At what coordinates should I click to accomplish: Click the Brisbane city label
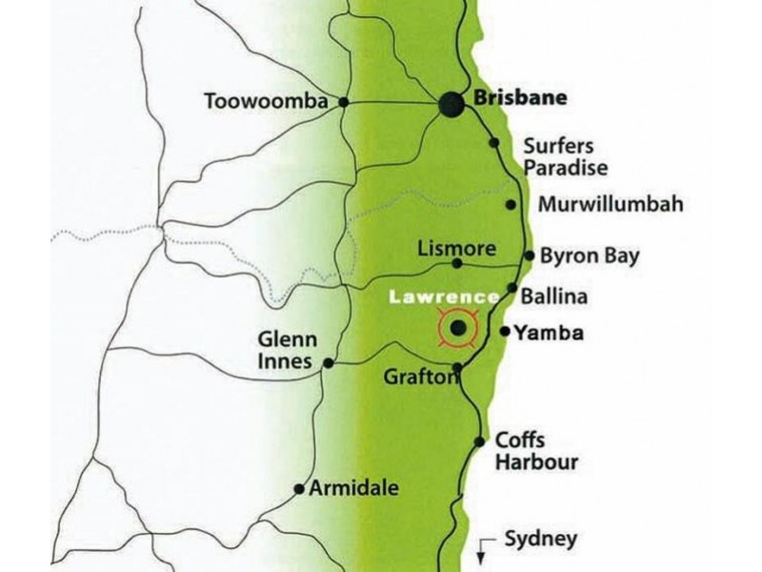tap(520, 98)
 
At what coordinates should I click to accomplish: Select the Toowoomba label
tap(266, 100)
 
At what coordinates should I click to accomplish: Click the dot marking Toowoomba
tap(344, 102)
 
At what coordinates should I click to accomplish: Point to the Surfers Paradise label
tap(559, 157)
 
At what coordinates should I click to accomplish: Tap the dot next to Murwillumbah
tap(511, 205)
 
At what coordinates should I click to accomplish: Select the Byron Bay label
tap(589, 256)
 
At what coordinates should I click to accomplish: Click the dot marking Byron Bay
tap(530, 255)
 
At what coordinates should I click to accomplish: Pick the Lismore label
tap(457, 249)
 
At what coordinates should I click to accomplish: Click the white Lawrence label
tap(444, 297)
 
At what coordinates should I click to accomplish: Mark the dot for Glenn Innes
tap(329, 362)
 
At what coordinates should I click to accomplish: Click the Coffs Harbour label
tap(536, 452)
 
